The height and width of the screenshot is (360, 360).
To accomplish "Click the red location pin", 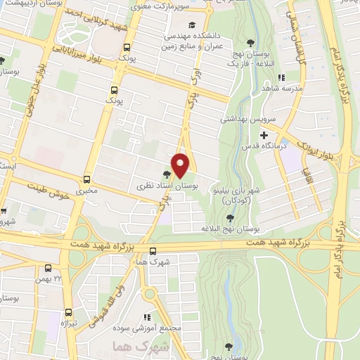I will point(181,165).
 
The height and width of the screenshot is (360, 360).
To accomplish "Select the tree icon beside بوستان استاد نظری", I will point(167,174).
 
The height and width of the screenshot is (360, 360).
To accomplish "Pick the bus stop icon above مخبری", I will point(87,179).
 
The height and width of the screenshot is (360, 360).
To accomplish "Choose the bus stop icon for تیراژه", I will point(68,311).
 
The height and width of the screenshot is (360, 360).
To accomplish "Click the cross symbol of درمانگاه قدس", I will point(264,135).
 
